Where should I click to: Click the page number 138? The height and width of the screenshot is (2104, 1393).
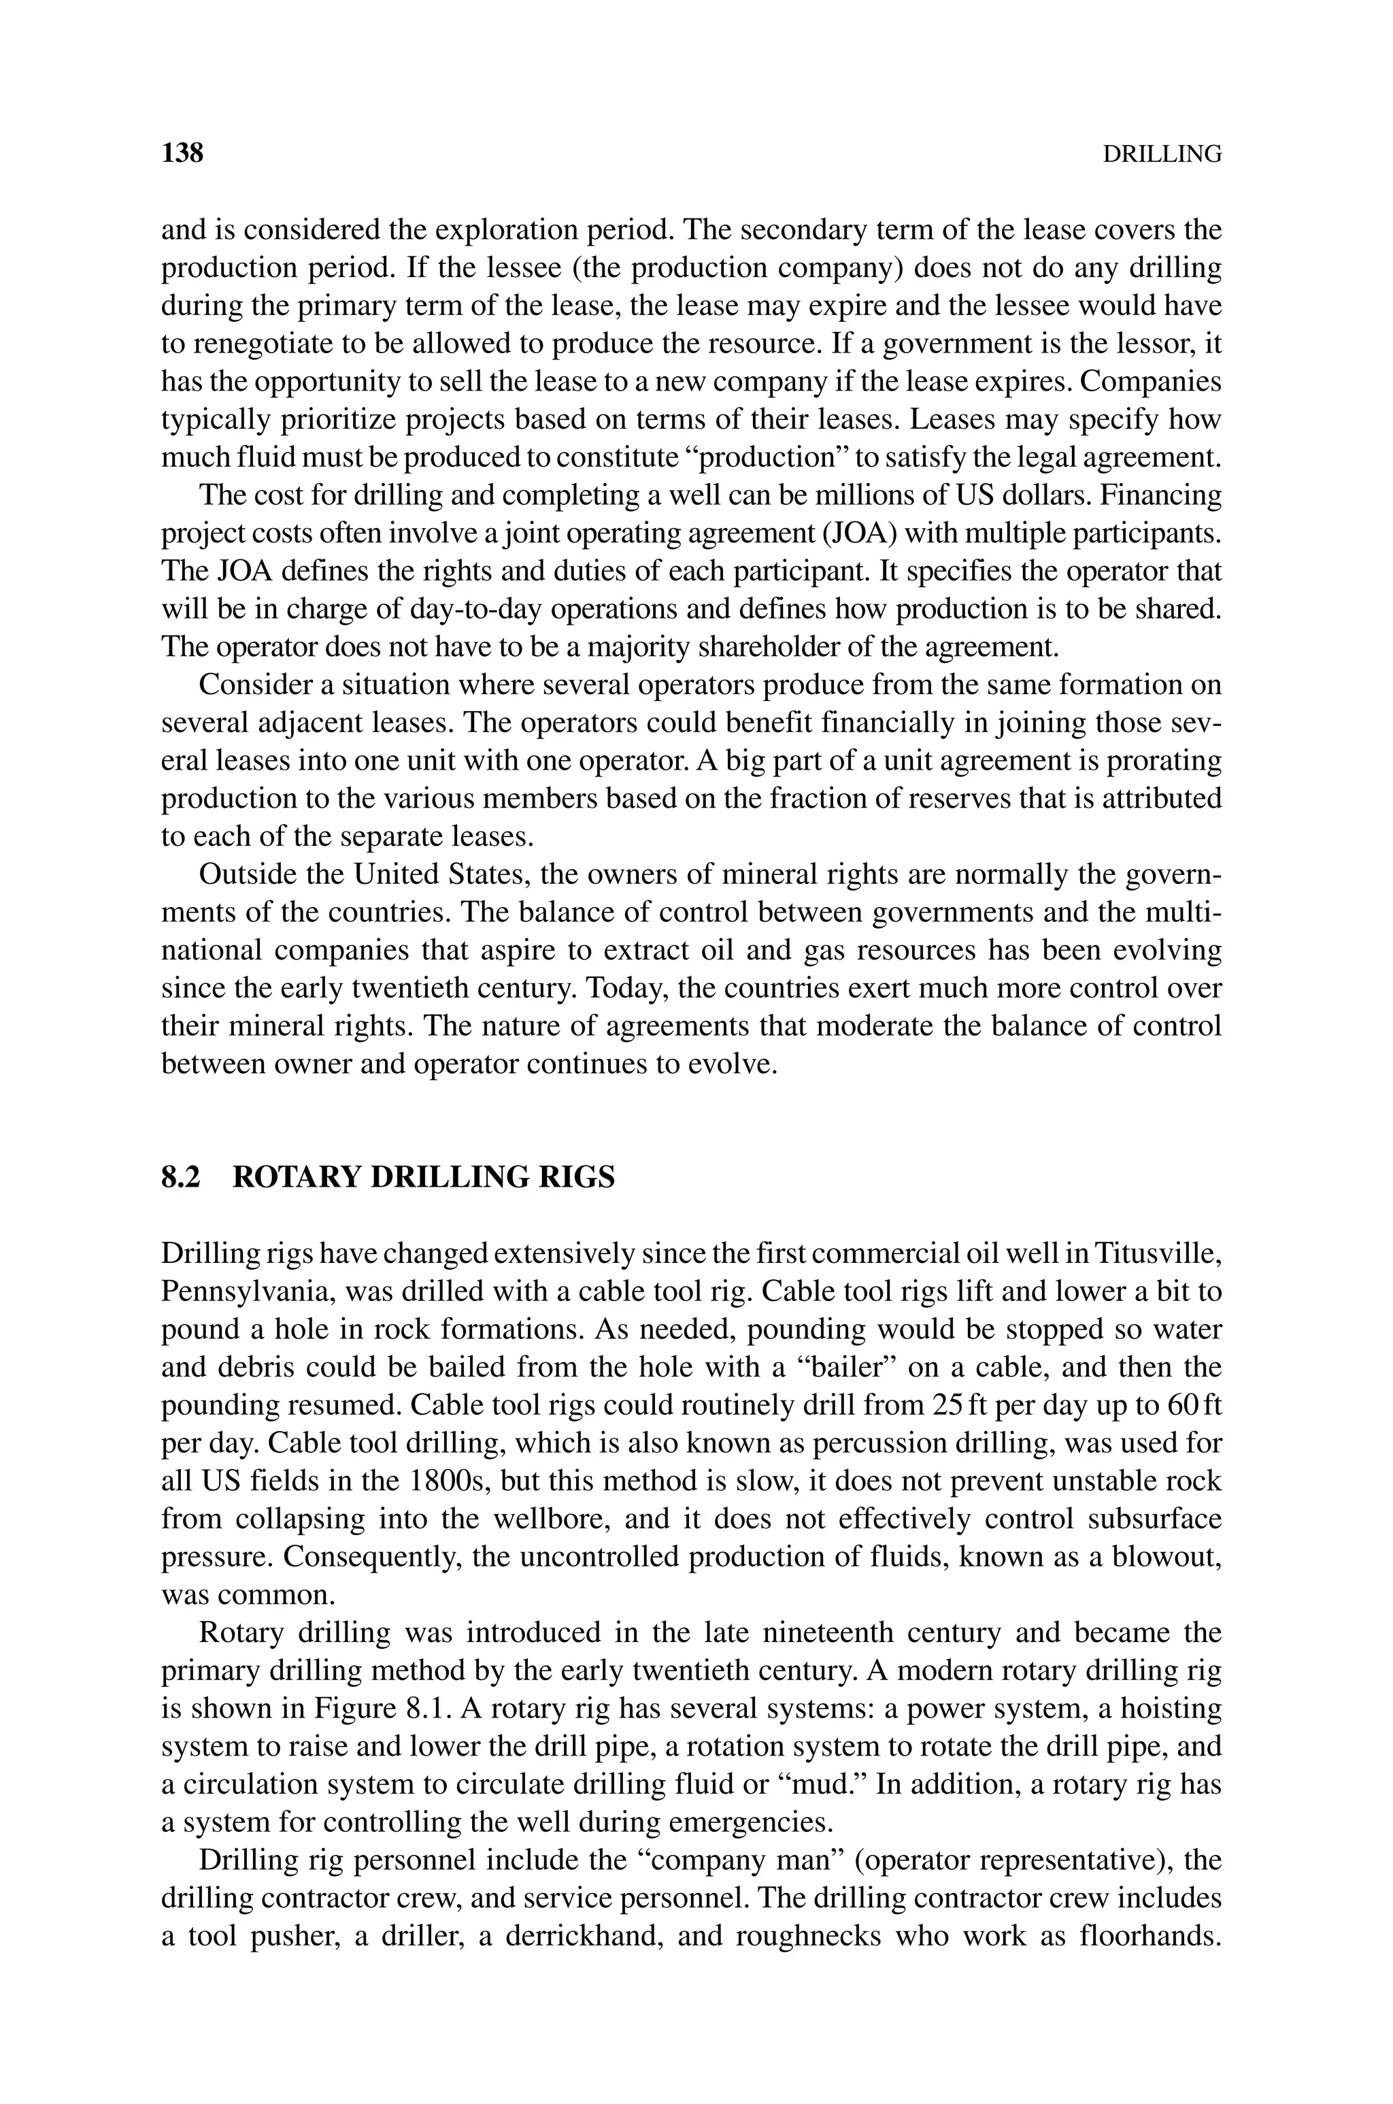pos(182,153)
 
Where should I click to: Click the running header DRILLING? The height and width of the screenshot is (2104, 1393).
pos(1161,154)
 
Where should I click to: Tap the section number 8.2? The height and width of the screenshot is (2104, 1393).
pos(181,1177)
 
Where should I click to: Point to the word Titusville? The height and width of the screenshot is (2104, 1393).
pos(1158,1253)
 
